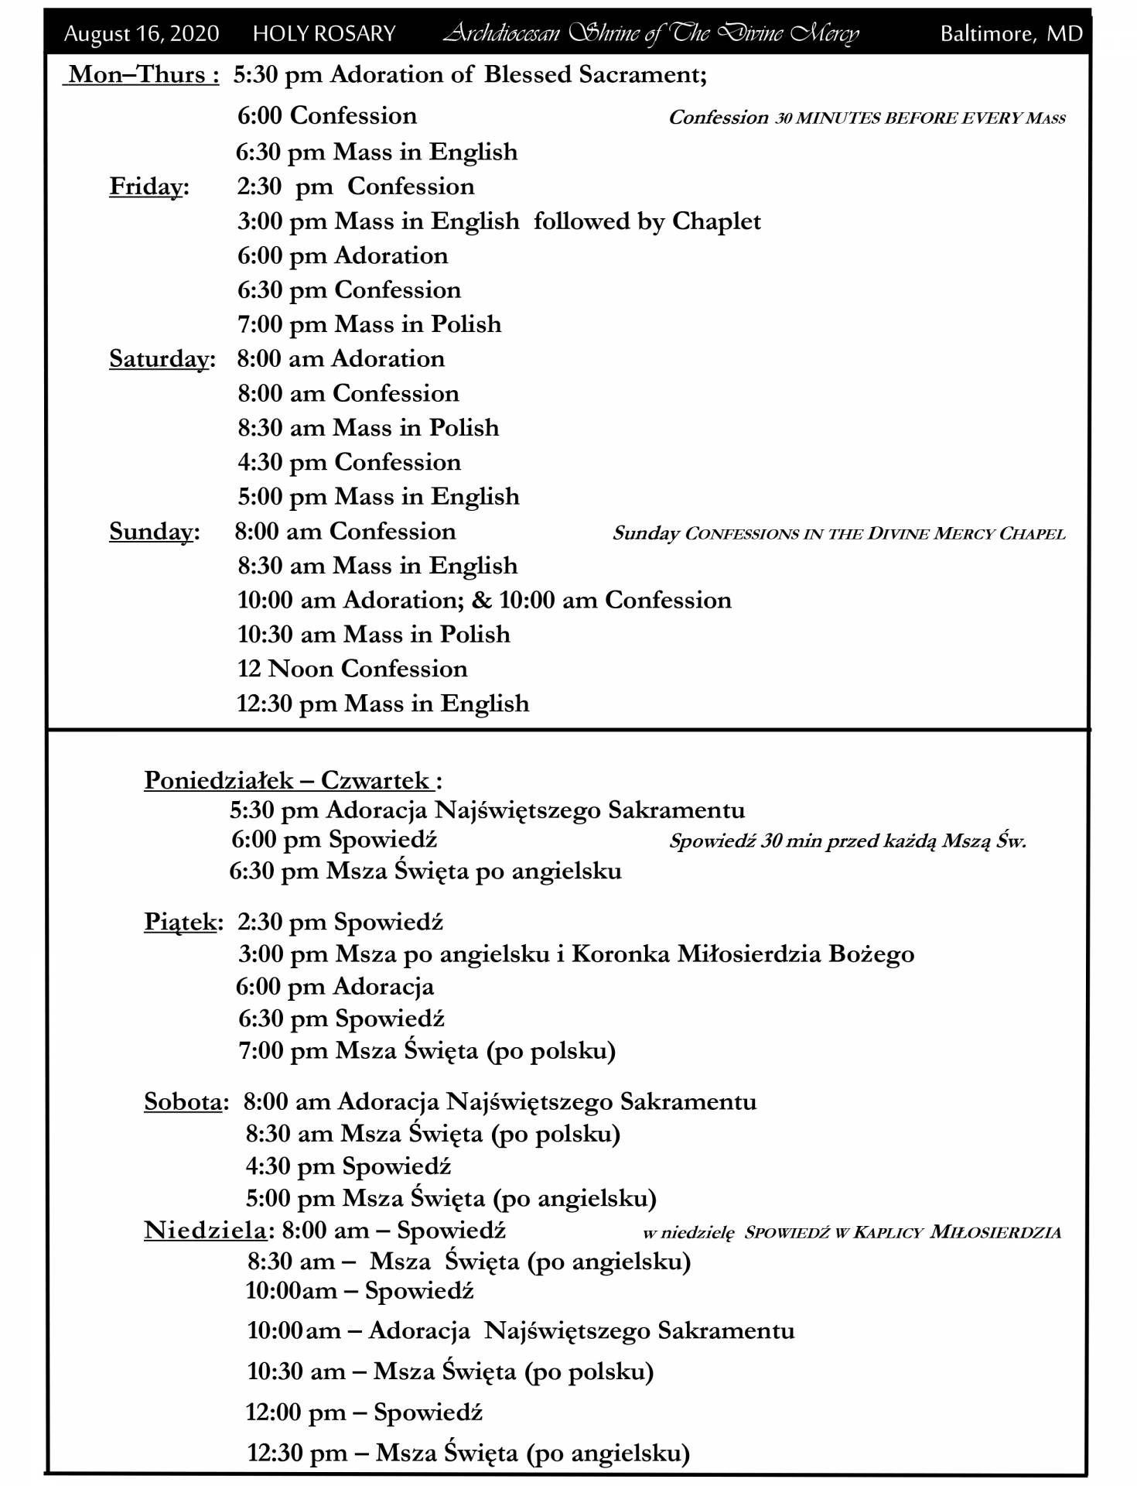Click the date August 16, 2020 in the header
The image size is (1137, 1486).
tap(141, 34)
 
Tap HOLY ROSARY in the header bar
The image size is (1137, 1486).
tap(324, 34)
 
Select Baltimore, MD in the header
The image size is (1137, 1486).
tap(1011, 34)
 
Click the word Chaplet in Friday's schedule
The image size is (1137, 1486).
tap(716, 222)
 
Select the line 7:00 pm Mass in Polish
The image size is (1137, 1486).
tap(369, 324)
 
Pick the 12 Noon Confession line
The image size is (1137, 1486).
tap(352, 669)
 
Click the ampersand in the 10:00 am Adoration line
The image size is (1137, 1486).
tap(481, 601)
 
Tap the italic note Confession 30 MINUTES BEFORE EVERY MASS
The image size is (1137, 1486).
tap(866, 118)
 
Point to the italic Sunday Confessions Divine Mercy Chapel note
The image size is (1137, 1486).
tap(838, 533)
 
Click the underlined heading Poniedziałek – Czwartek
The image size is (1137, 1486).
tap(292, 780)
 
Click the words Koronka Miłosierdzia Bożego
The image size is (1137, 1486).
tap(743, 954)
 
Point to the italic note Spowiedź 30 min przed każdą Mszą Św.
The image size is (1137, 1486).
tap(847, 841)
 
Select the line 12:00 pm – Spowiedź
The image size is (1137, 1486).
tap(364, 1412)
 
